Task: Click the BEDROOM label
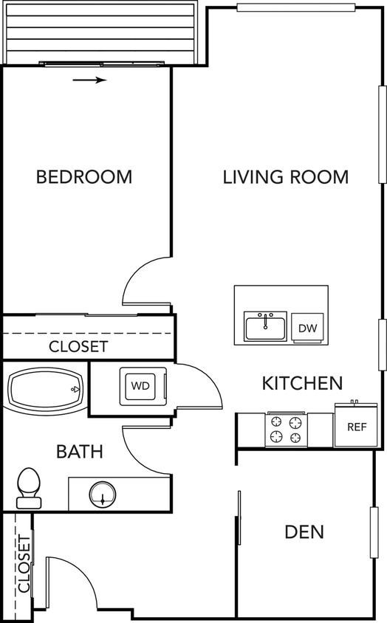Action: [84, 177]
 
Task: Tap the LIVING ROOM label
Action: [286, 177]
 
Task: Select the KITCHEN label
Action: [302, 383]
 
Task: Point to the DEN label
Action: [304, 531]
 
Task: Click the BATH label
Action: [80, 452]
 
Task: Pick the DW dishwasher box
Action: [306, 328]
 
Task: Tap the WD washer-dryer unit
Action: [140, 385]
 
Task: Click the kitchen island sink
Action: [266, 326]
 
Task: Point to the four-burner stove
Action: [287, 430]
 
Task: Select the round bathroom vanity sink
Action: [102, 494]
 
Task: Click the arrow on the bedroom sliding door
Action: [90, 80]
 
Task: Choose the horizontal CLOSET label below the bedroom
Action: [78, 346]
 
